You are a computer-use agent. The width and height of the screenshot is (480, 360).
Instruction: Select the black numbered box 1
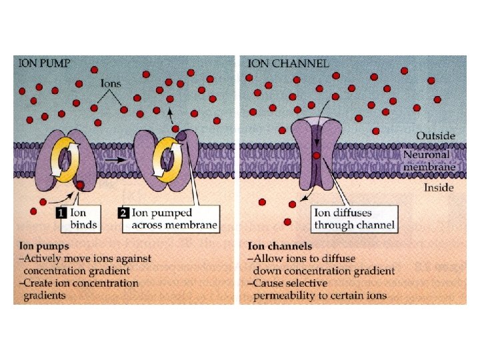coord(59,213)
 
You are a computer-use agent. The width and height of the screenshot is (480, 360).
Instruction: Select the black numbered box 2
coord(123,213)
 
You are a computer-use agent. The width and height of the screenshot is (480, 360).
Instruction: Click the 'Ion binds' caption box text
coord(84,219)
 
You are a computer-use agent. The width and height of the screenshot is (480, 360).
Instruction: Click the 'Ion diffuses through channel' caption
coord(354,219)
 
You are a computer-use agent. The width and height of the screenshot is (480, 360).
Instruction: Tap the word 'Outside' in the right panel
coord(436,135)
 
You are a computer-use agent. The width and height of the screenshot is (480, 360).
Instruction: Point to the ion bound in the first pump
coord(80,185)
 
